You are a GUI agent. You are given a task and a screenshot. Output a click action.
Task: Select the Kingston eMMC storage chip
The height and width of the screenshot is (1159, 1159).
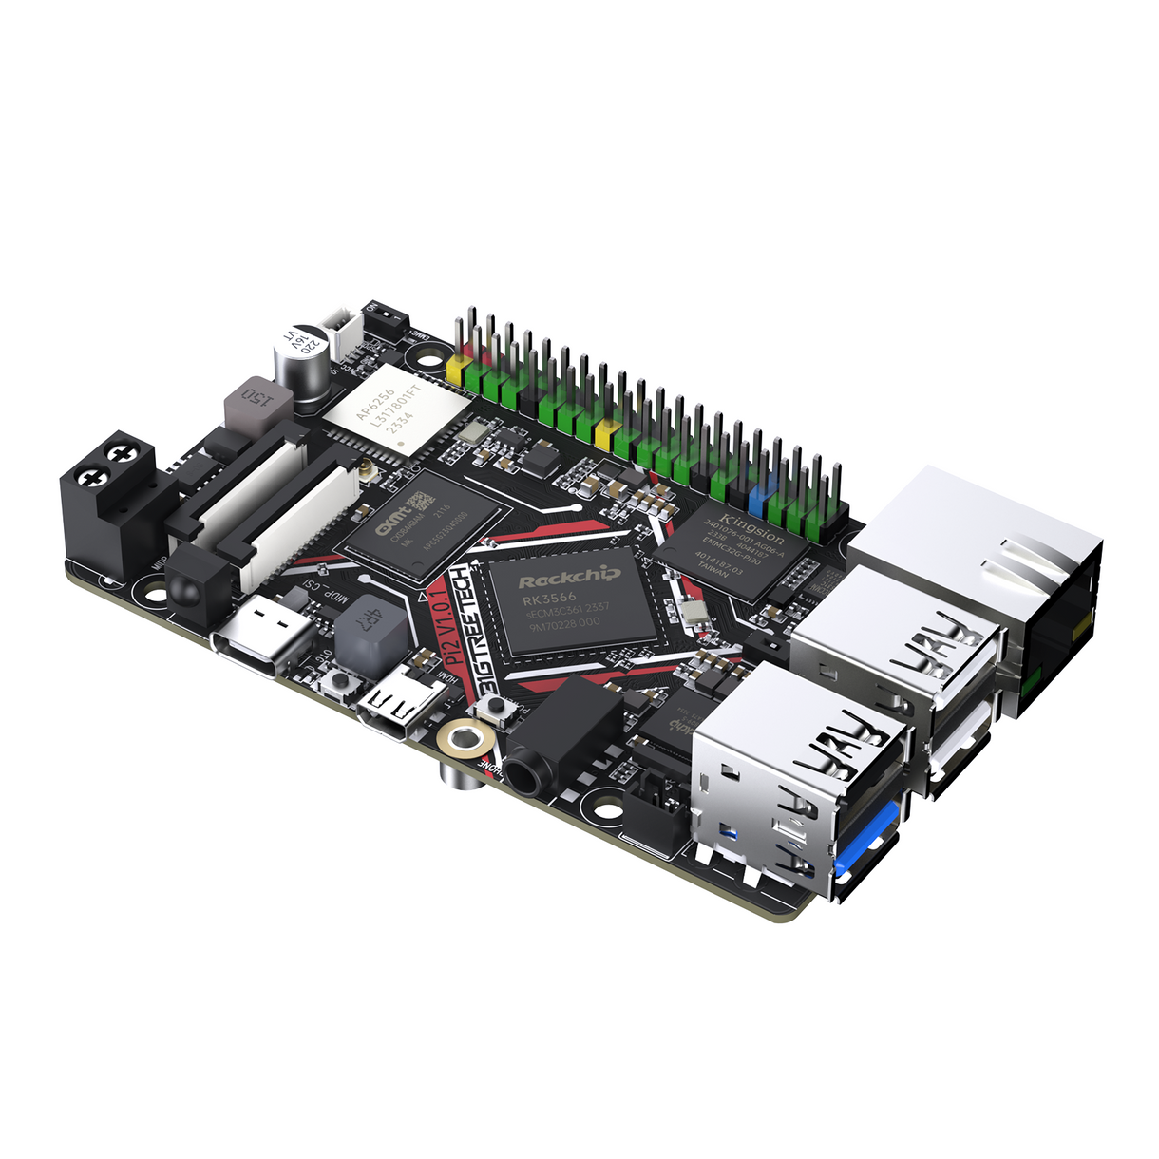coord(745,551)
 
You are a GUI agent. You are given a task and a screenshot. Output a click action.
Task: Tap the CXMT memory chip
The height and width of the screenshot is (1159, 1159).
coord(421,525)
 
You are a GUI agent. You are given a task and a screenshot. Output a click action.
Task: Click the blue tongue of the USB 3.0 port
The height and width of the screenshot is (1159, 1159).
coord(869,836)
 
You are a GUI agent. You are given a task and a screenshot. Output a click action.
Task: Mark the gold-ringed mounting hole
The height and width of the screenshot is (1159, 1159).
coord(465,737)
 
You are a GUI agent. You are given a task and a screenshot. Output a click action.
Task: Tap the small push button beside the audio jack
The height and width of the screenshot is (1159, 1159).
coord(495,706)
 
